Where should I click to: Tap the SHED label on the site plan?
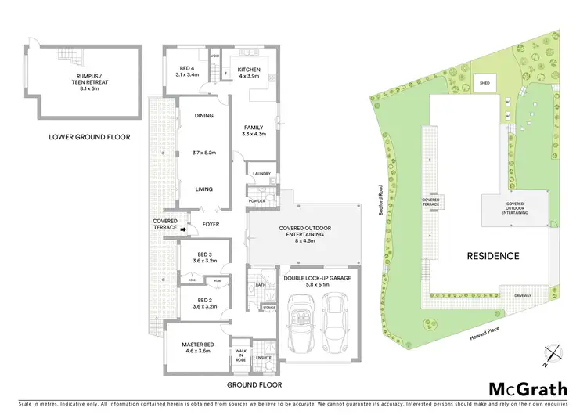click(x=485, y=81)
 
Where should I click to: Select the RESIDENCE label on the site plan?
click(x=493, y=255)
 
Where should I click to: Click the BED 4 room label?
click(x=189, y=70)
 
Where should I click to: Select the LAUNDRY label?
click(x=261, y=174)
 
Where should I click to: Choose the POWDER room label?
click(x=257, y=201)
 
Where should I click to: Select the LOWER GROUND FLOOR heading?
click(x=89, y=137)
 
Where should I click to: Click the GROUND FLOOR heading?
click(x=254, y=385)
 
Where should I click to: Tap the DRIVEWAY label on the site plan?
click(x=524, y=295)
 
